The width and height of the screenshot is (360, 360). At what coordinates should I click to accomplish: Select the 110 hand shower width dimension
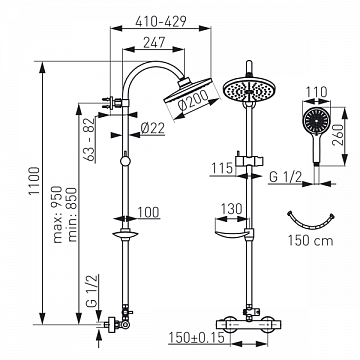click(x=318, y=90)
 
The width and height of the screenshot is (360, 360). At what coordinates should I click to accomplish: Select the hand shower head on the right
click(x=318, y=124)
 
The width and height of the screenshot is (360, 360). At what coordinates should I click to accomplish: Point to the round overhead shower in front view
click(x=244, y=92)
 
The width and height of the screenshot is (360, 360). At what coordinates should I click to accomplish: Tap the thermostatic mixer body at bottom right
click(x=244, y=316)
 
